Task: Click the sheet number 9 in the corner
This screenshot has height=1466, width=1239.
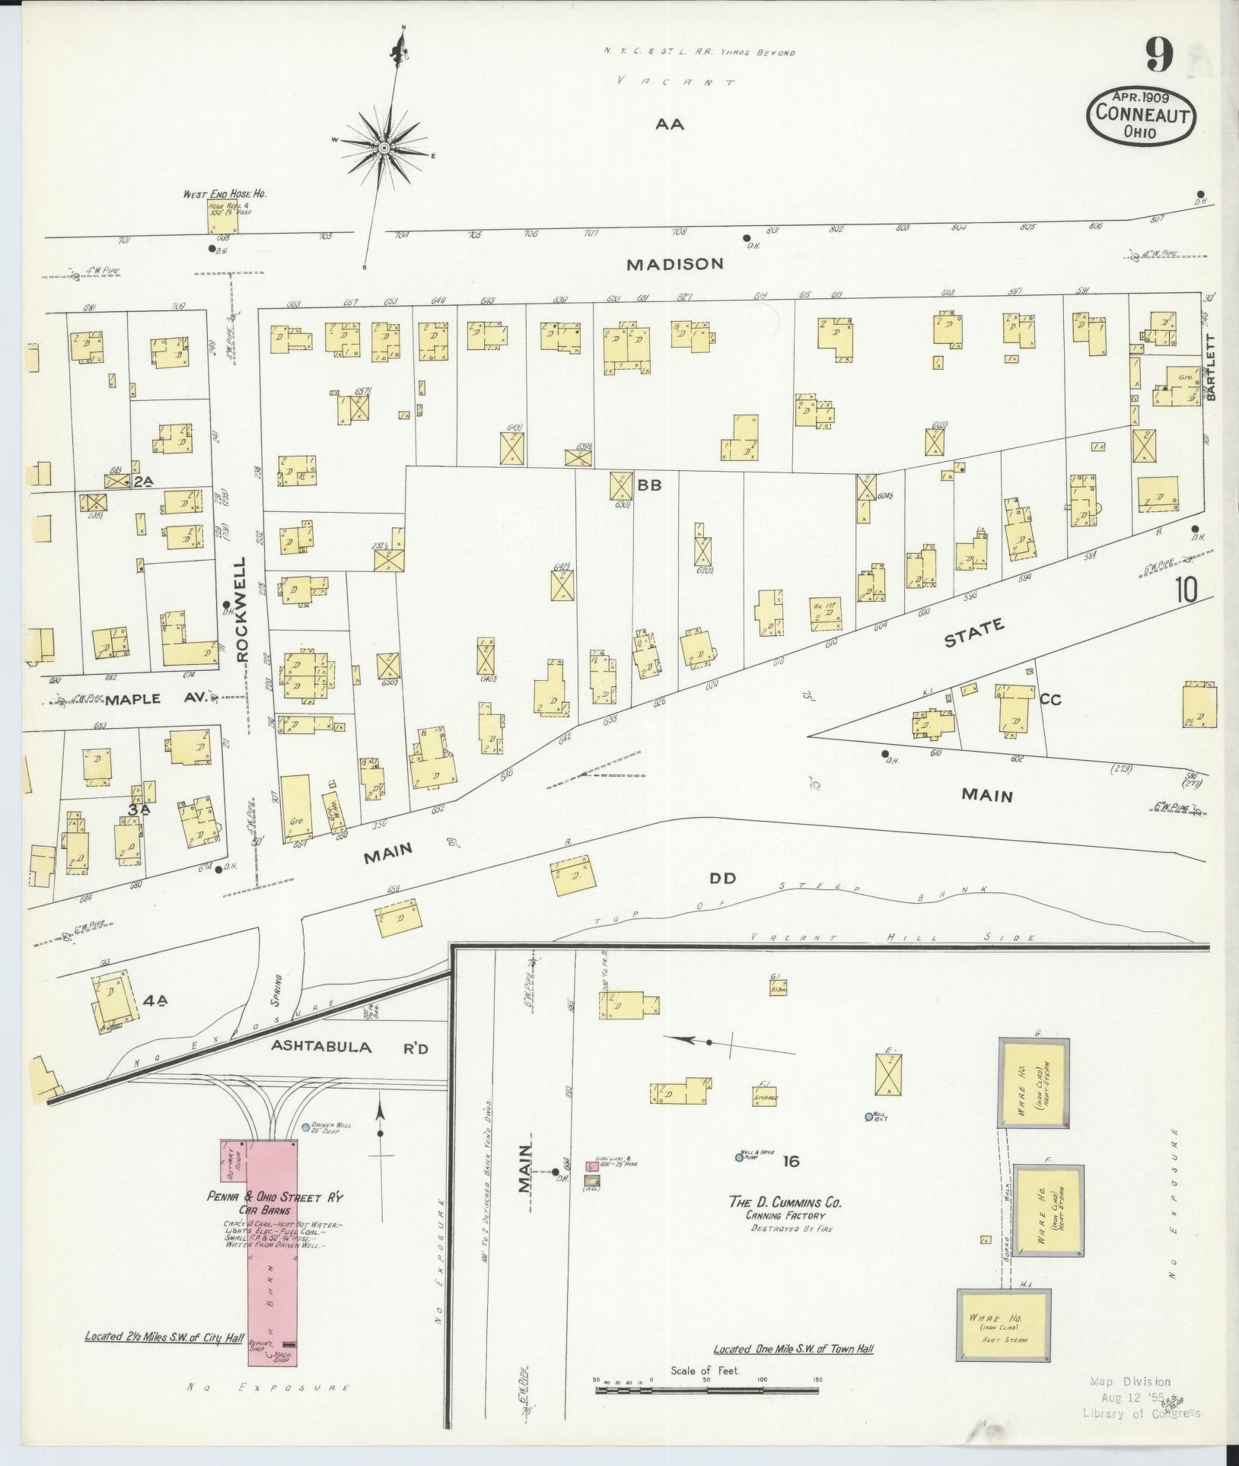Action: click(x=1159, y=56)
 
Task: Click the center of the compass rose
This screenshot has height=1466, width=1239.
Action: click(x=384, y=147)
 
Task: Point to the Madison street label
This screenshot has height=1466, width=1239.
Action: click(x=675, y=264)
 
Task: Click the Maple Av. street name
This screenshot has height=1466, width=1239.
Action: click(x=156, y=698)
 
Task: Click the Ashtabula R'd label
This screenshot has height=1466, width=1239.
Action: click(x=350, y=1047)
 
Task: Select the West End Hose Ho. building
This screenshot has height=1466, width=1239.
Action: click(x=221, y=216)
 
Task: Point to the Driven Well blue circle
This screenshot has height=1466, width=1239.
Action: click(x=306, y=1127)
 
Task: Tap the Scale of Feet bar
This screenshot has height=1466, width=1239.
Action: click(x=708, y=1389)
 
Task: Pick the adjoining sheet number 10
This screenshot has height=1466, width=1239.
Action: click(x=1186, y=590)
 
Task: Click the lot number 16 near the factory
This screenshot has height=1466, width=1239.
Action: click(x=790, y=1161)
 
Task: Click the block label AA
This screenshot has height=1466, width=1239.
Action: click(x=670, y=124)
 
